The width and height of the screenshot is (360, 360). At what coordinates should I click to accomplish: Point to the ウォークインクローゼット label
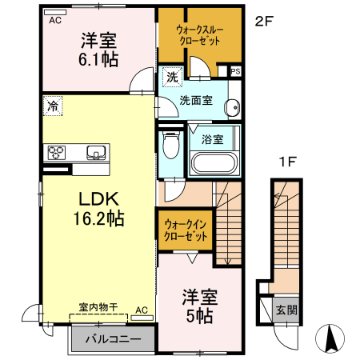pos(185,230)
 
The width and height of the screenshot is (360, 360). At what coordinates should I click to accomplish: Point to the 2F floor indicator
pos(264,21)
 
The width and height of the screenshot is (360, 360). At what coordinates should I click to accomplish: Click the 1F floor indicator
pos(288,162)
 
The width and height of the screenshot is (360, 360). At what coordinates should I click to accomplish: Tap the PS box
pos(234,71)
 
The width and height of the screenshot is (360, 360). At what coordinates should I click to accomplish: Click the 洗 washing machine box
pos(172,78)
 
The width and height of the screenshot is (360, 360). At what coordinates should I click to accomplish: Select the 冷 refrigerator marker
pos(52,105)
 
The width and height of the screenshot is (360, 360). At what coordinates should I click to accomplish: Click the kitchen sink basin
pos(96,152)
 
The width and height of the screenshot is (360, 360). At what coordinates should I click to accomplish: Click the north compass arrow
pos(329,338)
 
